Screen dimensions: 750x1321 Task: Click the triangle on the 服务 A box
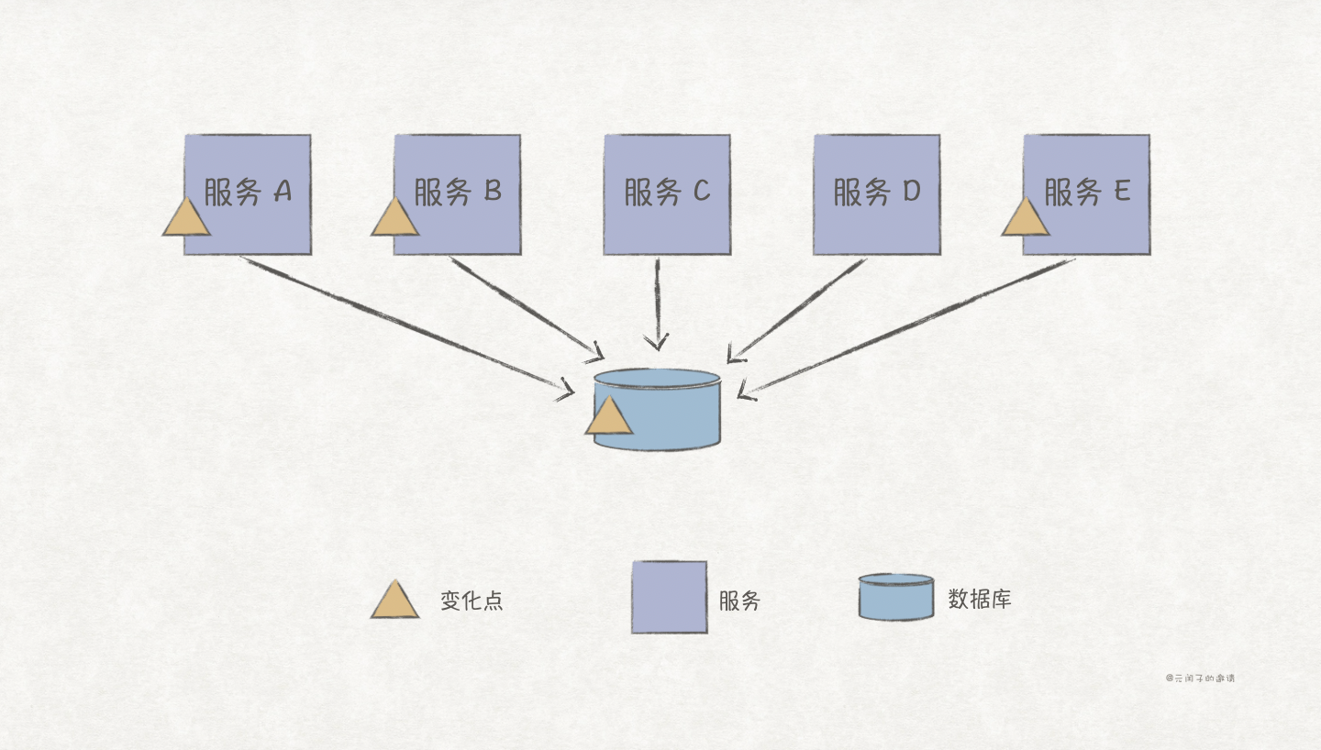click(186, 219)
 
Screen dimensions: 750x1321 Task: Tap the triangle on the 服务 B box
click(395, 219)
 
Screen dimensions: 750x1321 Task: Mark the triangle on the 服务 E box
click(1026, 219)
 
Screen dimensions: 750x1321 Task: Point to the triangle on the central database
click(609, 417)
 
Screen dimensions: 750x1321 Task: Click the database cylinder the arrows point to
click(670, 413)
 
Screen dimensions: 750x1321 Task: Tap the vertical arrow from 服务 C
click(658, 303)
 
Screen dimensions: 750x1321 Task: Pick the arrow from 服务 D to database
click(798, 308)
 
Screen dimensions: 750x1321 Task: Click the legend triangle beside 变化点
click(395, 601)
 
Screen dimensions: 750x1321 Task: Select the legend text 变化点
click(472, 601)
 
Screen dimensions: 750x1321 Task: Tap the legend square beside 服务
click(669, 597)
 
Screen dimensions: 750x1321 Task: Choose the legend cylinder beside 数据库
click(896, 597)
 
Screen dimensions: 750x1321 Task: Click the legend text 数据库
click(980, 601)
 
